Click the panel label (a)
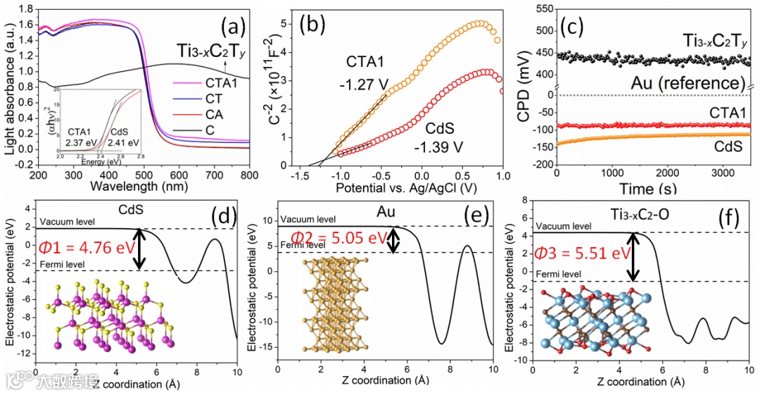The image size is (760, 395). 233,28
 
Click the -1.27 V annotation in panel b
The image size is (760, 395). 366,81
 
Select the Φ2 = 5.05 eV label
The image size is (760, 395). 339,237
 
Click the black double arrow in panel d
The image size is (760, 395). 140,249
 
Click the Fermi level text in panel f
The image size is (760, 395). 559,273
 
